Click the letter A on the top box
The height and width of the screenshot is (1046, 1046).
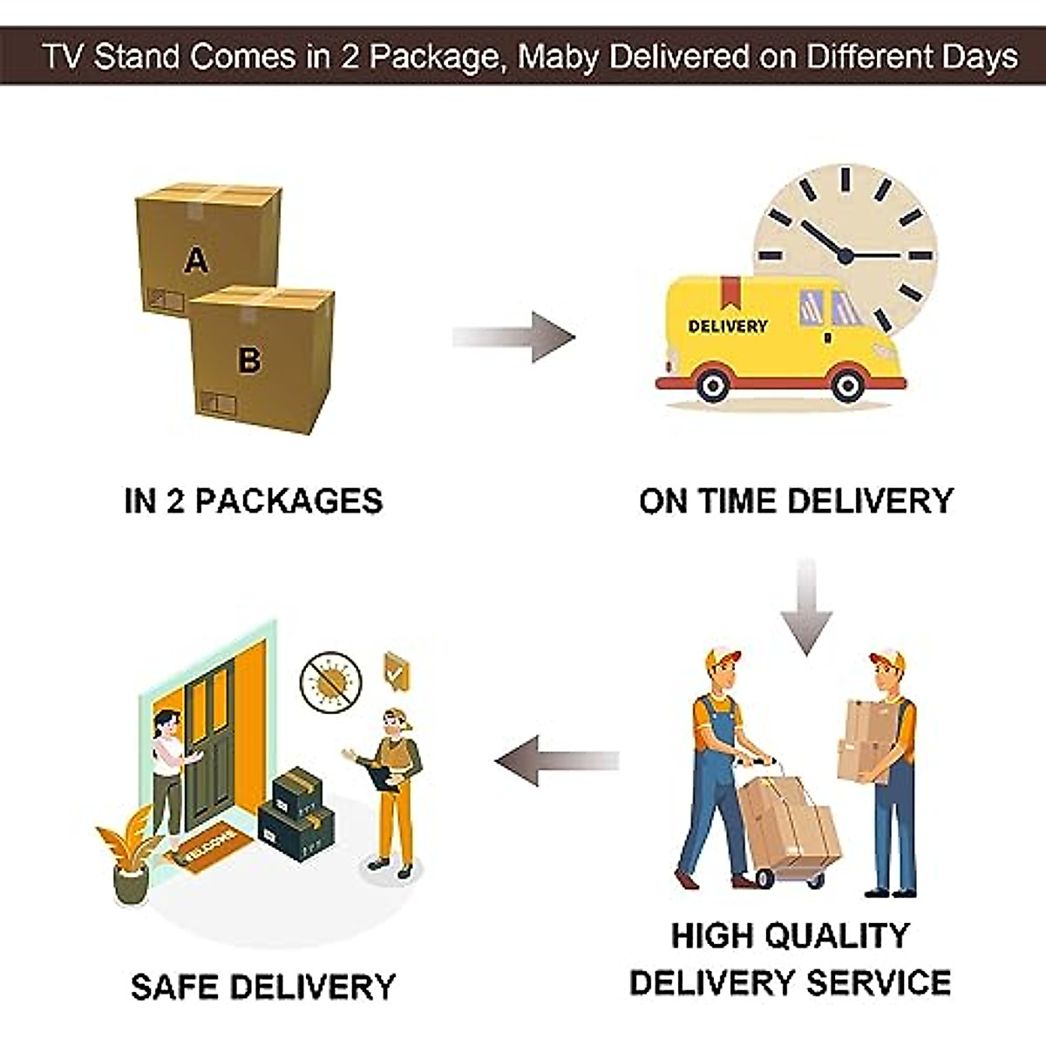(x=197, y=259)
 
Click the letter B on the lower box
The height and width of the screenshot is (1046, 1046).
(x=249, y=358)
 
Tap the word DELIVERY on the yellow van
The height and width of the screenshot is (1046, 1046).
(x=728, y=326)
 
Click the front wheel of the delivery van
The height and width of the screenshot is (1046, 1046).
(x=847, y=384)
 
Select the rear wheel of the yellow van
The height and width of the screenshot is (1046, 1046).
(x=713, y=384)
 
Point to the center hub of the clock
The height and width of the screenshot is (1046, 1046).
(x=844, y=255)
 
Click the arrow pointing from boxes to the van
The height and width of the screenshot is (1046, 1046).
(x=514, y=336)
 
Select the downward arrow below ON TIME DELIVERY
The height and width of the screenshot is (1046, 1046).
(x=806, y=607)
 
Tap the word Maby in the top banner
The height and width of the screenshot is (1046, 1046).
(x=558, y=57)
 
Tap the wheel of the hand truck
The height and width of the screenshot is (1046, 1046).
(x=765, y=876)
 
